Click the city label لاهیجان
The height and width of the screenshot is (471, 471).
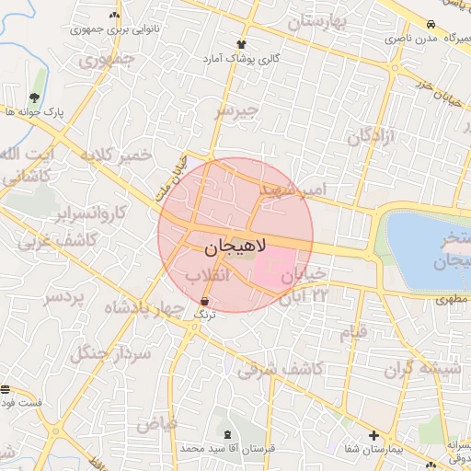coord(234,247)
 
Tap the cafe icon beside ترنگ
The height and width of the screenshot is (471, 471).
coord(204,301)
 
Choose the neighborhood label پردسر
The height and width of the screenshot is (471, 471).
coord(63,298)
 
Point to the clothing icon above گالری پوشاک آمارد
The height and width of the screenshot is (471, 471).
coord(242,43)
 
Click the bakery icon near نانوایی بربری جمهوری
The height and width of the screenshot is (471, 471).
coord(114,15)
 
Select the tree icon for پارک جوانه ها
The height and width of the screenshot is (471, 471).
coord(34,98)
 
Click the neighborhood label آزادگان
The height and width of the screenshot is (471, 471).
coord(371,137)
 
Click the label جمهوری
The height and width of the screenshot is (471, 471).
coord(106,62)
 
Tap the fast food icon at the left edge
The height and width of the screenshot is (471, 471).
coord(6,389)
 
